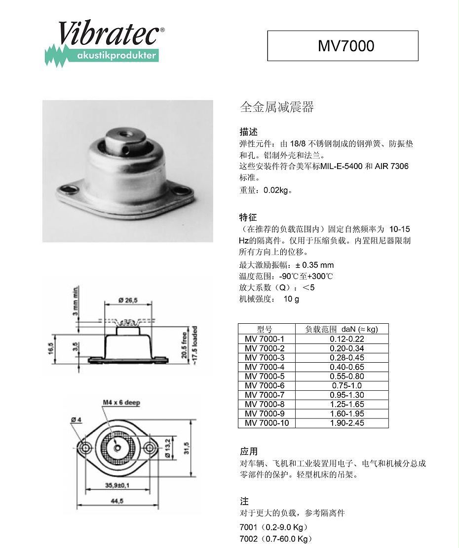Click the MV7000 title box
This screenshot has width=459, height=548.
pos(343,46)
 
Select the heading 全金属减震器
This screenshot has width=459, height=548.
pos(276,107)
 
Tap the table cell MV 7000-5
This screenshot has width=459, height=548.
pos(264,376)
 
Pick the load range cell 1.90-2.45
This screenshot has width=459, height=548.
pos(346,423)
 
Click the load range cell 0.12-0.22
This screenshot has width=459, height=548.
pos(346,339)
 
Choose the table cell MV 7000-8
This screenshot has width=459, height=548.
pos(264,404)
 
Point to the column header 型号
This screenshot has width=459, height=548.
pos(264,329)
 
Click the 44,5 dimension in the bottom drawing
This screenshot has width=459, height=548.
pos(117,501)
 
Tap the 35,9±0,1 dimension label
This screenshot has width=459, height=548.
pos(117,485)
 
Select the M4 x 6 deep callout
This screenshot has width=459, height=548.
pos(121,403)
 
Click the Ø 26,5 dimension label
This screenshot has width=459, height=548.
pos(127,300)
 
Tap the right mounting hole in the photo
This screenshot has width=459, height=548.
pos(183,190)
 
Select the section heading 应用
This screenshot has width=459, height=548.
pos(249,451)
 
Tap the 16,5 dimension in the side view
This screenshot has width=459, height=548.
pos(50,348)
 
